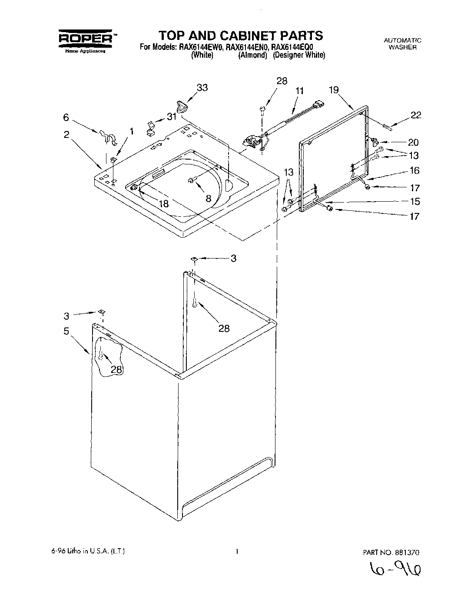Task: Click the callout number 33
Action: (x=202, y=88)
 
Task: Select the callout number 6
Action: (x=66, y=117)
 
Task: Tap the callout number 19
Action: (x=334, y=90)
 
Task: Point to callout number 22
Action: (x=415, y=115)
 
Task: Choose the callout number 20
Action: (x=413, y=142)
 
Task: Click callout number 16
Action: (x=414, y=170)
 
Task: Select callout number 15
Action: (x=414, y=201)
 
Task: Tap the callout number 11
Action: (x=300, y=91)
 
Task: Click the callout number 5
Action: (x=66, y=331)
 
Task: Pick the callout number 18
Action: (x=164, y=203)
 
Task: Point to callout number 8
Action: (x=209, y=199)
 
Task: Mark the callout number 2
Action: (x=66, y=135)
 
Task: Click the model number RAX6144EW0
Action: (x=200, y=47)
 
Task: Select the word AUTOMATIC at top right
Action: (x=402, y=40)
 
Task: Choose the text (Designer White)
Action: (x=299, y=56)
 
